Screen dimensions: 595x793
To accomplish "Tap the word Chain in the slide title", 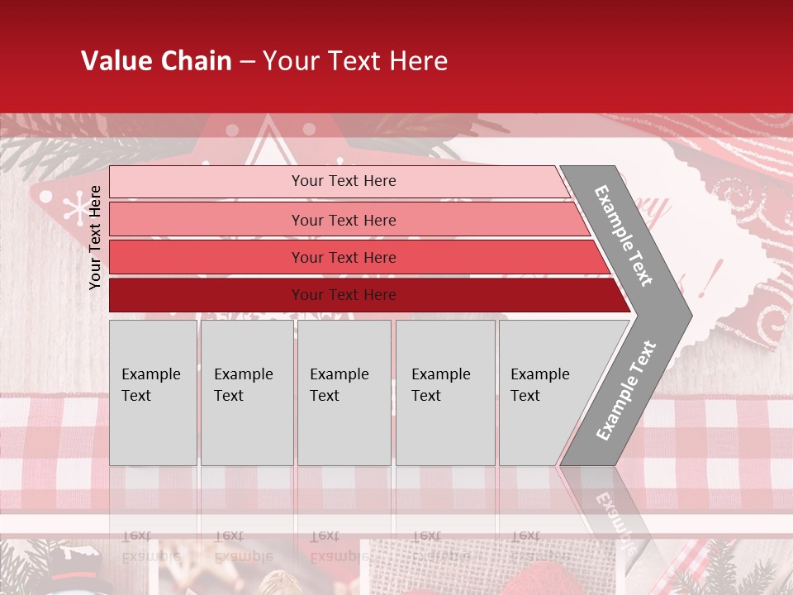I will tap(197, 61).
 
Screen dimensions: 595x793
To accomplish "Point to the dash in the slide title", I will tap(247, 62).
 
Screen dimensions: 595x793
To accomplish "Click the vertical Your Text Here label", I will tap(96, 237).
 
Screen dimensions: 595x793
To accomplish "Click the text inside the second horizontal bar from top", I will tap(344, 220).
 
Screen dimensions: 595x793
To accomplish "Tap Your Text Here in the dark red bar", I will tap(344, 295).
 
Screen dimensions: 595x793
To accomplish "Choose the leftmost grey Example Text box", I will tap(153, 393).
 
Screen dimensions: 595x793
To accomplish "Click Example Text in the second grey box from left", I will tap(243, 384).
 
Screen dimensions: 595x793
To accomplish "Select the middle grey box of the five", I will tap(344, 393).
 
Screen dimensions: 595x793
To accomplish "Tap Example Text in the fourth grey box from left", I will tap(440, 384).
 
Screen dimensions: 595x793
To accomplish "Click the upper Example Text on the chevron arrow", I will tap(624, 236).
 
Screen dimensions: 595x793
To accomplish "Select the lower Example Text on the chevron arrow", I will tap(626, 390).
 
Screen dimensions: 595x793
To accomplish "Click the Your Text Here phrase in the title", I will tap(355, 61).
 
